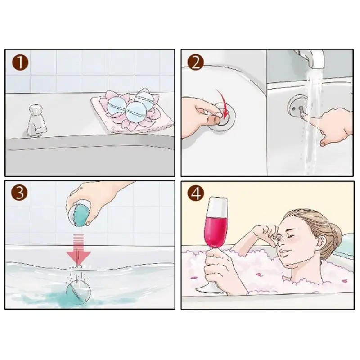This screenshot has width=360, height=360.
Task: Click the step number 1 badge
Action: (x=20, y=63)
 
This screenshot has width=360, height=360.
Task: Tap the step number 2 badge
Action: (x=196, y=63)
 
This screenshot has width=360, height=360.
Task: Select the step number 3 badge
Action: (x=19, y=193)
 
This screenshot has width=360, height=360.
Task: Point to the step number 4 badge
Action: (x=196, y=193)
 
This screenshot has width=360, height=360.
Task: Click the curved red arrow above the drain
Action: (x=223, y=102)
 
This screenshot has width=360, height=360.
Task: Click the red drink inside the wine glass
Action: (x=216, y=231)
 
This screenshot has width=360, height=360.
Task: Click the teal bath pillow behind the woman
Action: (x=344, y=246)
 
